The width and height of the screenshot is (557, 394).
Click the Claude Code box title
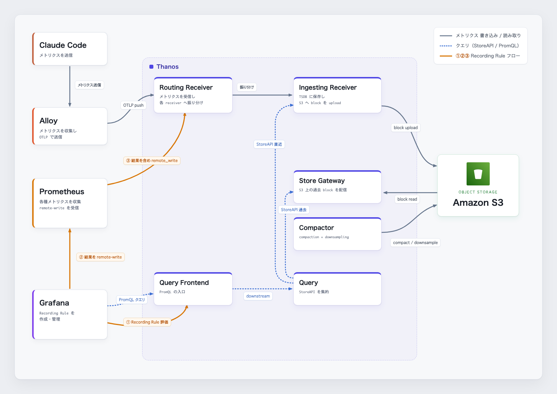click(63, 45)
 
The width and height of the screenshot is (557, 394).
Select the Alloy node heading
click(48, 121)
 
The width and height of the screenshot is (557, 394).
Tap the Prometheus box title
click(61, 192)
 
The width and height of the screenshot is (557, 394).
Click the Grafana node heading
click(54, 303)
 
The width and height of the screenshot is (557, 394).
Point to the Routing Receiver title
click(186, 87)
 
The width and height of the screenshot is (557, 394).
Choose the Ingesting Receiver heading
click(328, 87)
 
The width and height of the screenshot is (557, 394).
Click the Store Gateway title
click(322, 181)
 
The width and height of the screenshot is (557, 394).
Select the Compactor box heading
click(316, 228)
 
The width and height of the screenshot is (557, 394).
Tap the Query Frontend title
click(184, 283)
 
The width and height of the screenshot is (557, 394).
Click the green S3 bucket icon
click(478, 174)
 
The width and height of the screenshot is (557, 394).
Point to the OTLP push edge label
click(133, 105)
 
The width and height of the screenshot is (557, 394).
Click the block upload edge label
click(405, 128)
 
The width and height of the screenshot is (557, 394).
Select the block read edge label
click(407, 199)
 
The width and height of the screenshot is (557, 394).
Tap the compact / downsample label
click(415, 243)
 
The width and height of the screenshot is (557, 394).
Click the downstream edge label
click(258, 296)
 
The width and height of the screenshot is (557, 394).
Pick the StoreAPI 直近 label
click(269, 144)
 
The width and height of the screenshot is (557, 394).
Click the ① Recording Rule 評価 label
click(147, 322)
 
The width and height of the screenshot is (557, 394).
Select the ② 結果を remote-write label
click(101, 257)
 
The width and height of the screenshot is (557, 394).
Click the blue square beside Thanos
click(151, 67)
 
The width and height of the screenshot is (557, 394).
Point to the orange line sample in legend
click(446, 56)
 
